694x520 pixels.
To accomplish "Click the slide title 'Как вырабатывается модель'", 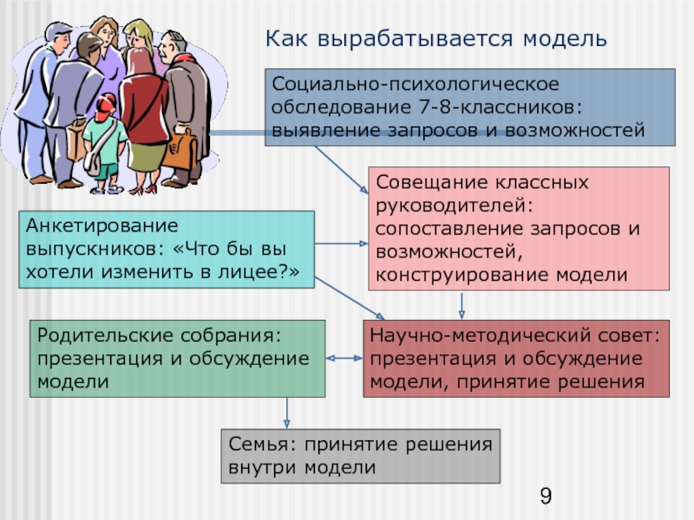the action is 436,39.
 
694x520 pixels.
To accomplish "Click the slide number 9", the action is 546,497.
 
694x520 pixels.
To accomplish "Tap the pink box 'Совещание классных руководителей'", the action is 519,228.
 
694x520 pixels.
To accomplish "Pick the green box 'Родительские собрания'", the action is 177,358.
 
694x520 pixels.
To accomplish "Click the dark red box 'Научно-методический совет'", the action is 515,358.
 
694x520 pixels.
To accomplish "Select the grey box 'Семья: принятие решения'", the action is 360,456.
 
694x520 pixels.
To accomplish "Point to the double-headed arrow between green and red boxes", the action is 344,358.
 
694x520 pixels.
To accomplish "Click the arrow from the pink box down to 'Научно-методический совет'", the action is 462,304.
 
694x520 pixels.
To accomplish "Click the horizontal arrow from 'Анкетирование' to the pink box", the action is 340,244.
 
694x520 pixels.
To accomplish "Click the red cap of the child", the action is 105,108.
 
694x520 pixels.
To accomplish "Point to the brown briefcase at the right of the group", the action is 181,148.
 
